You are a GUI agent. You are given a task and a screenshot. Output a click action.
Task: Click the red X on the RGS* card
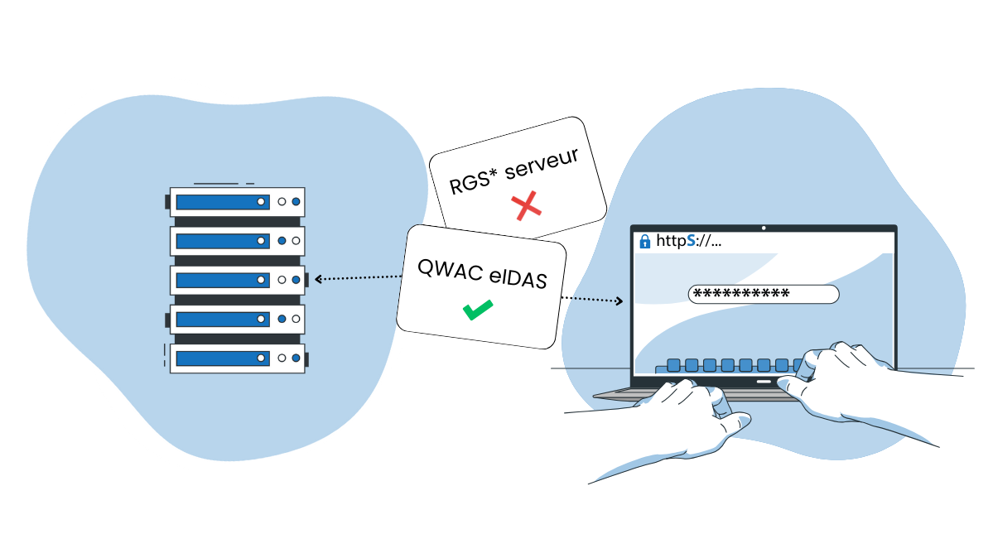coord(526,206)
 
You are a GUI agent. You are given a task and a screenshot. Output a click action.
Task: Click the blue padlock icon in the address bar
coord(645,242)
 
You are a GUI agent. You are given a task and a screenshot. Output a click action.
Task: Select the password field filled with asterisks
coord(763,294)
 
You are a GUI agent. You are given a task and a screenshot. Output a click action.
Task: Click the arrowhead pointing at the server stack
coord(319,279)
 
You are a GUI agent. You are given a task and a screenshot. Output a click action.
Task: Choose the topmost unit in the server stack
coord(237,201)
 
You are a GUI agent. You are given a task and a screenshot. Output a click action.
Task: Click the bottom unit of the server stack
coord(237,358)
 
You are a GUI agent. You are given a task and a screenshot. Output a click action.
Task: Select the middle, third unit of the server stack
coord(237,280)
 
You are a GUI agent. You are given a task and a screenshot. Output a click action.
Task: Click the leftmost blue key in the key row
coord(672,364)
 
